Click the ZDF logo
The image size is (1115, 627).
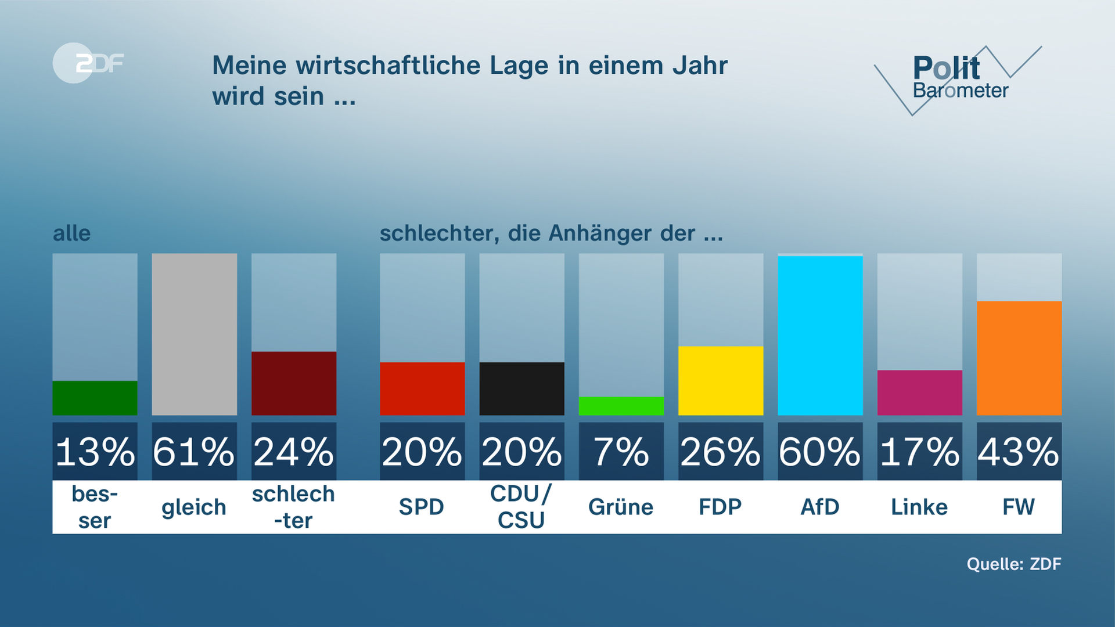pyautogui.click(x=88, y=63)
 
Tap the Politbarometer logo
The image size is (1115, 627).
pyautogui.click(x=958, y=78)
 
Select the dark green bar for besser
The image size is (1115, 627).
pyautogui.click(x=95, y=398)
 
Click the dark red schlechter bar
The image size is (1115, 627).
pyautogui.click(x=294, y=383)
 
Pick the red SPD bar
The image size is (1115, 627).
pyautogui.click(x=422, y=388)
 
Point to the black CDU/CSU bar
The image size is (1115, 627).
pyautogui.click(x=521, y=388)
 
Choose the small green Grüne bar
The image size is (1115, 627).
pyautogui.click(x=621, y=406)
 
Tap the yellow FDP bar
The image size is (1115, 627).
pyautogui.click(x=721, y=381)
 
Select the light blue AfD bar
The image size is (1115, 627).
pyautogui.click(x=820, y=336)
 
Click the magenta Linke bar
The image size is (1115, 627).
pyautogui.click(x=919, y=392)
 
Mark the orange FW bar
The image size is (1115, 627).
pyautogui.click(x=1019, y=358)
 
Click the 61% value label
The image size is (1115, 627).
pyautogui.click(x=194, y=452)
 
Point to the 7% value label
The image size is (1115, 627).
pyautogui.click(x=621, y=452)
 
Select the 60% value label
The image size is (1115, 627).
pyautogui.click(x=820, y=452)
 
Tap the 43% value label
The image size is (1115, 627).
pyautogui.click(x=1019, y=452)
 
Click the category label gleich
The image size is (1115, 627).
pyautogui.click(x=194, y=507)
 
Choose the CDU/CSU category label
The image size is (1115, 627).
pyautogui.click(x=521, y=507)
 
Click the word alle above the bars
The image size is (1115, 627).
pyautogui.click(x=72, y=233)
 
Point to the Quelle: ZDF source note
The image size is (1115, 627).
pyautogui.click(x=1013, y=564)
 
